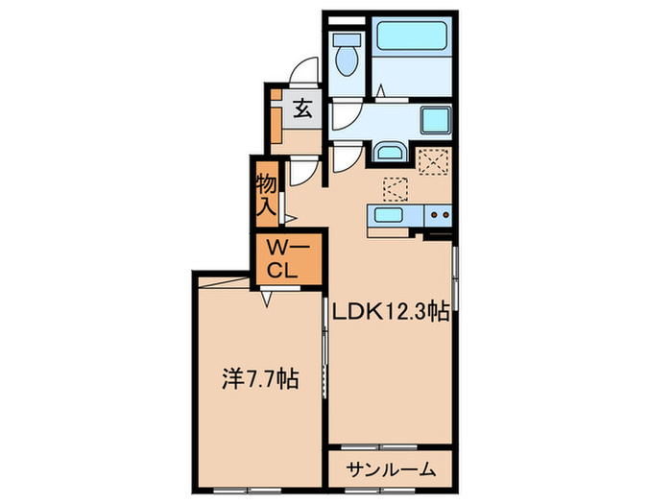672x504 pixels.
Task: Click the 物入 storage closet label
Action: [x=266, y=193]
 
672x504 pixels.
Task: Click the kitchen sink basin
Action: [x=389, y=215]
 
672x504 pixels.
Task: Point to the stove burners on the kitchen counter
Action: [x=440, y=215]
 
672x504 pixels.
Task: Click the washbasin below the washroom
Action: [x=389, y=153]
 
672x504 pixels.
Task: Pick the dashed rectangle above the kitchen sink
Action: [x=396, y=186]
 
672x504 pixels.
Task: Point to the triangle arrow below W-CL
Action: [x=270, y=299]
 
